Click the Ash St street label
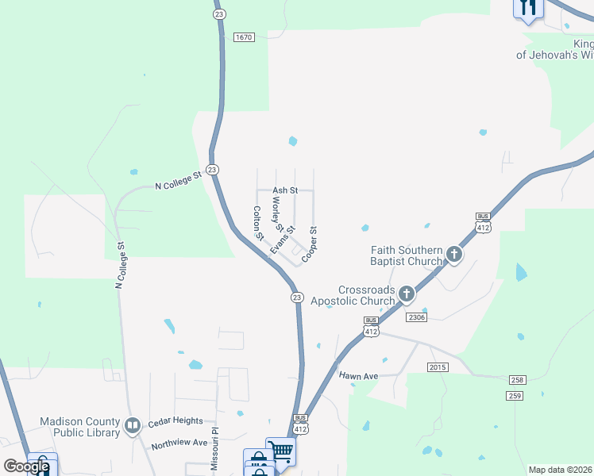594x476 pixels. click(x=285, y=190)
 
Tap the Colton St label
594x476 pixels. click(x=257, y=223)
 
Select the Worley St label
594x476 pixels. click(x=277, y=213)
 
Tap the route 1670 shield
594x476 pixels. click(x=244, y=37)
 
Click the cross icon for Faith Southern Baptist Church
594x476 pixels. click(x=453, y=255)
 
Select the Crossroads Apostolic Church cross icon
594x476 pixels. click(x=406, y=294)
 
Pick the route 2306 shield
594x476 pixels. click(x=416, y=317)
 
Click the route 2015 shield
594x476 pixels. click(x=438, y=367)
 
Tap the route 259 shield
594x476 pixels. click(x=515, y=395)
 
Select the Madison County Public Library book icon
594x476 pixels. click(x=132, y=427)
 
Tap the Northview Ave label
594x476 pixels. click(x=179, y=443)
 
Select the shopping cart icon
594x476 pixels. click(x=280, y=451)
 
